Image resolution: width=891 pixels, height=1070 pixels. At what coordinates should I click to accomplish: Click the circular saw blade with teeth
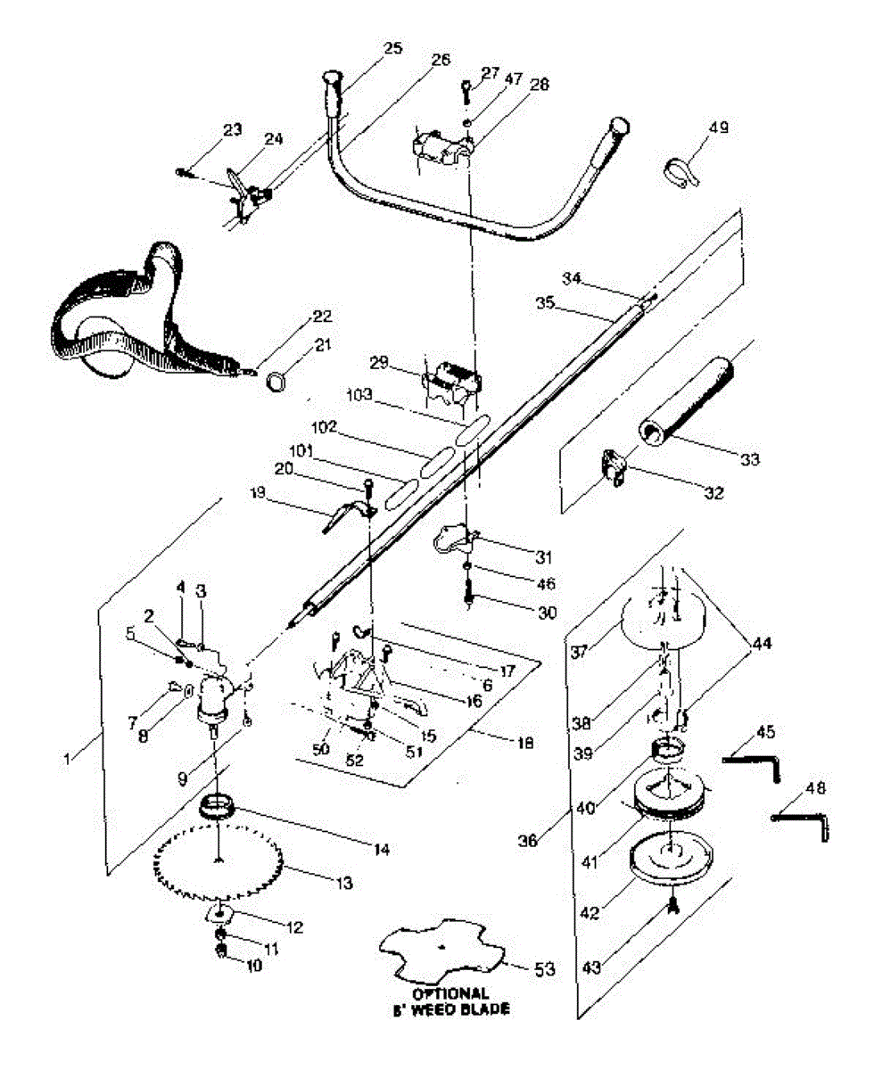[219, 861]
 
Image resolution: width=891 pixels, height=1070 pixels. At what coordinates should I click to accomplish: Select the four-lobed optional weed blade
[443, 951]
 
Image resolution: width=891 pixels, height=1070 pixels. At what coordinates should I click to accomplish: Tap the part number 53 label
[544, 969]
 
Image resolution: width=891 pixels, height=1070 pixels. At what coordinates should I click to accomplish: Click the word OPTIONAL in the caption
[450, 993]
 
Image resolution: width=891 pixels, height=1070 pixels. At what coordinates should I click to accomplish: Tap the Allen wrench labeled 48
[803, 820]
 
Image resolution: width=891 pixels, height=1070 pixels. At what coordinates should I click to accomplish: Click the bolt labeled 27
[466, 91]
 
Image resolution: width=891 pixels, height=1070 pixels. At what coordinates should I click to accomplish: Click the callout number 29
[379, 362]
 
